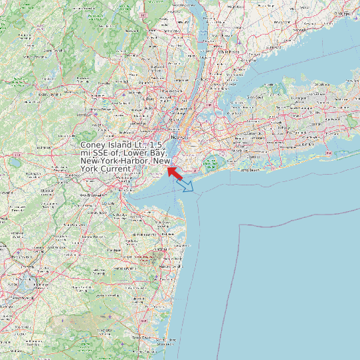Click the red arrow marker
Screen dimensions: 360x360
tap(175, 172)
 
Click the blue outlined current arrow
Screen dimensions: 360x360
tap(188, 186)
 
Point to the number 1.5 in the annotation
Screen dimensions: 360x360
tap(156, 145)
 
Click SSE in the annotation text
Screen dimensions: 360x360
tap(104, 153)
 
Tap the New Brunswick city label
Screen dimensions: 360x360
tap(93, 195)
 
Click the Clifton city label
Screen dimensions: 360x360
tap(148, 99)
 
